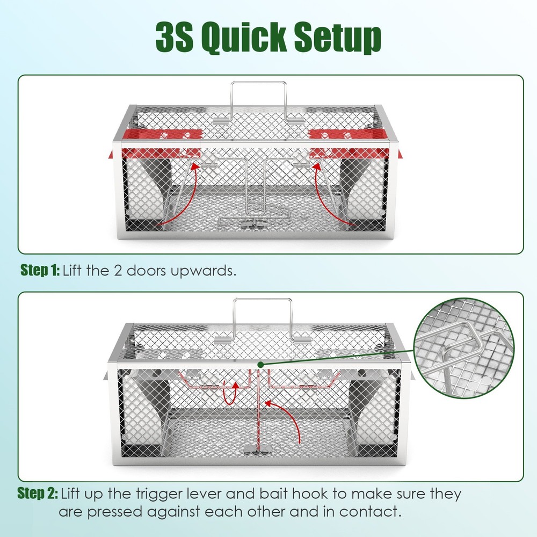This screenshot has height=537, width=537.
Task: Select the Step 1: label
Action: point(41,270)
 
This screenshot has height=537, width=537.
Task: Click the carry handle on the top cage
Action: point(258,99)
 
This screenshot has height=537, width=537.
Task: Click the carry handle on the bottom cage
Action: point(262,317)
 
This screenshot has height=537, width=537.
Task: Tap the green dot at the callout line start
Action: point(260,365)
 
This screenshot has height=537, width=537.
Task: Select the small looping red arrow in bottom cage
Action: point(230,391)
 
